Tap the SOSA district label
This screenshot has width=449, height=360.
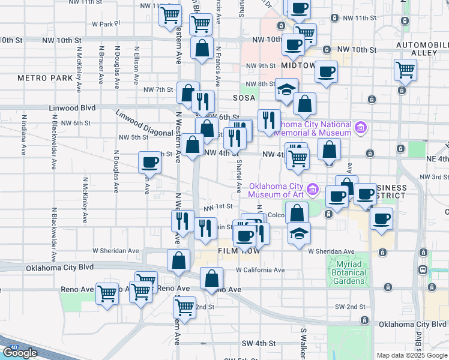click(x=245, y=97)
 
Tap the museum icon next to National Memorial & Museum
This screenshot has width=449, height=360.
click(x=360, y=127)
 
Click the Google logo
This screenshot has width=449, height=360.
click(x=20, y=353)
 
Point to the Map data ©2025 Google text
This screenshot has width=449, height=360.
click(x=412, y=355)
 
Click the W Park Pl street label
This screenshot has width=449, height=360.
click(x=106, y=24)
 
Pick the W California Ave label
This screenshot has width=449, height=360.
click(x=260, y=270)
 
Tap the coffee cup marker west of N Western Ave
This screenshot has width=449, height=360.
click(x=150, y=162)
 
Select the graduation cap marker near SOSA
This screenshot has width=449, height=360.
click(x=287, y=89)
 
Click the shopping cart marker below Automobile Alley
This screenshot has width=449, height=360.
click(x=406, y=70)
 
